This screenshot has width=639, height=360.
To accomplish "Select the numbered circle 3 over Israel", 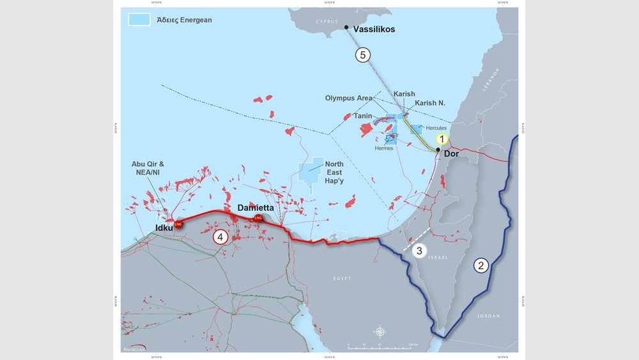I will [419, 251].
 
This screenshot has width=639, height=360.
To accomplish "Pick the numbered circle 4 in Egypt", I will [220, 237].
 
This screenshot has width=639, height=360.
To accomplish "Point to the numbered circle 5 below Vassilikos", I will [362, 55].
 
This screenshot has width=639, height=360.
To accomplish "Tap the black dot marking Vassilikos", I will [346, 27].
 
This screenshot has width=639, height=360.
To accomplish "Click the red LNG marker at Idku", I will [178, 224].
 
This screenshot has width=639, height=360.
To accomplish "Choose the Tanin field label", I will [363, 116].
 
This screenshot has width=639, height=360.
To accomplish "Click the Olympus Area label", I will [348, 98].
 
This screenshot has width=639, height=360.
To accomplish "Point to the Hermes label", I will [384, 148].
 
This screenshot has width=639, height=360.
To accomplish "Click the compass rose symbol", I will [380, 332].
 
